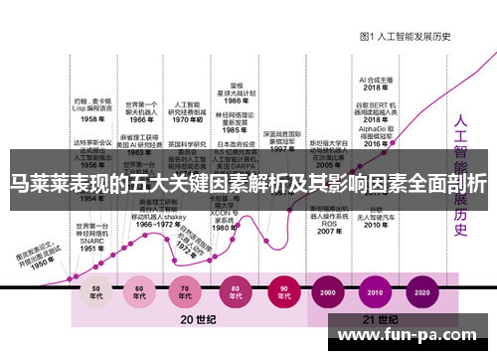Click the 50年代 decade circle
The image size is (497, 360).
point(95,294)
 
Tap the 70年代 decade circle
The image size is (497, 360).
point(186,294)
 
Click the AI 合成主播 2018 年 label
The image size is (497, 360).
point(376,81)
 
